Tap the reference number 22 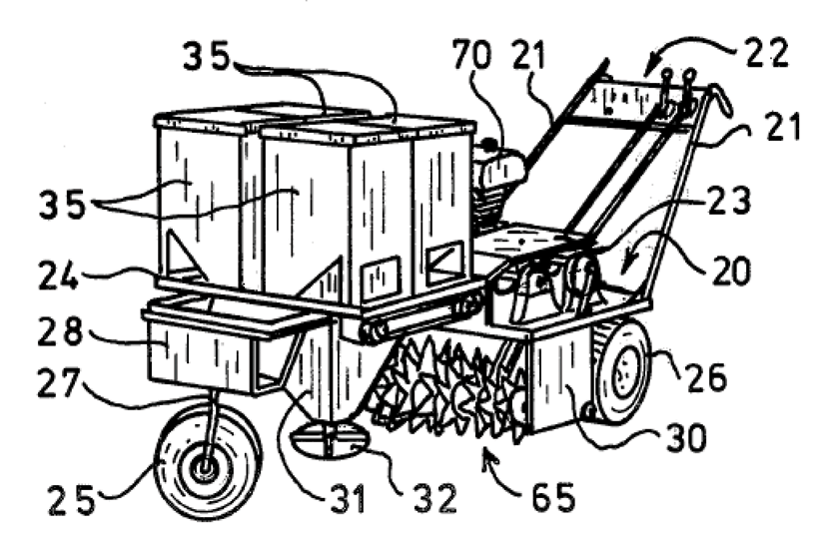[x=767, y=52]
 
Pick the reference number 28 [x=60, y=331]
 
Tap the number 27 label [x=58, y=383]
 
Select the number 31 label [x=348, y=498]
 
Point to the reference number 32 [x=435, y=498]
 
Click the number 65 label [x=553, y=497]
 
